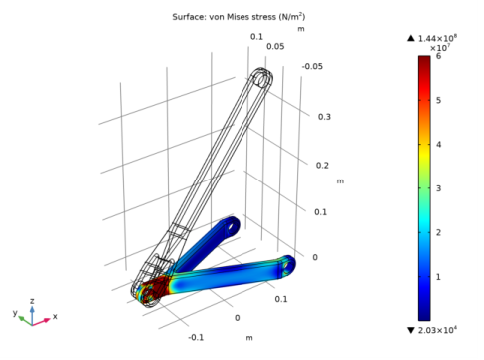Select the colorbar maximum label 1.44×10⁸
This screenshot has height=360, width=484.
(x=437, y=38)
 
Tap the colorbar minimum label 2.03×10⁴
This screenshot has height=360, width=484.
(x=437, y=330)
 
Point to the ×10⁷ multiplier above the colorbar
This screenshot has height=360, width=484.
(x=440, y=48)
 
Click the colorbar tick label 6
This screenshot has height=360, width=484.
(x=438, y=56)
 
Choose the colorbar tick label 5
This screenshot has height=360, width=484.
(x=438, y=100)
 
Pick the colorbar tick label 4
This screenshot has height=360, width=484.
(x=438, y=145)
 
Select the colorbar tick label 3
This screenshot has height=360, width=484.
(x=438, y=188)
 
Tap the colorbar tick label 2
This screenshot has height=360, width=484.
(x=438, y=232)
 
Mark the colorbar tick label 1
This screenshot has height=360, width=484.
(x=438, y=277)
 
